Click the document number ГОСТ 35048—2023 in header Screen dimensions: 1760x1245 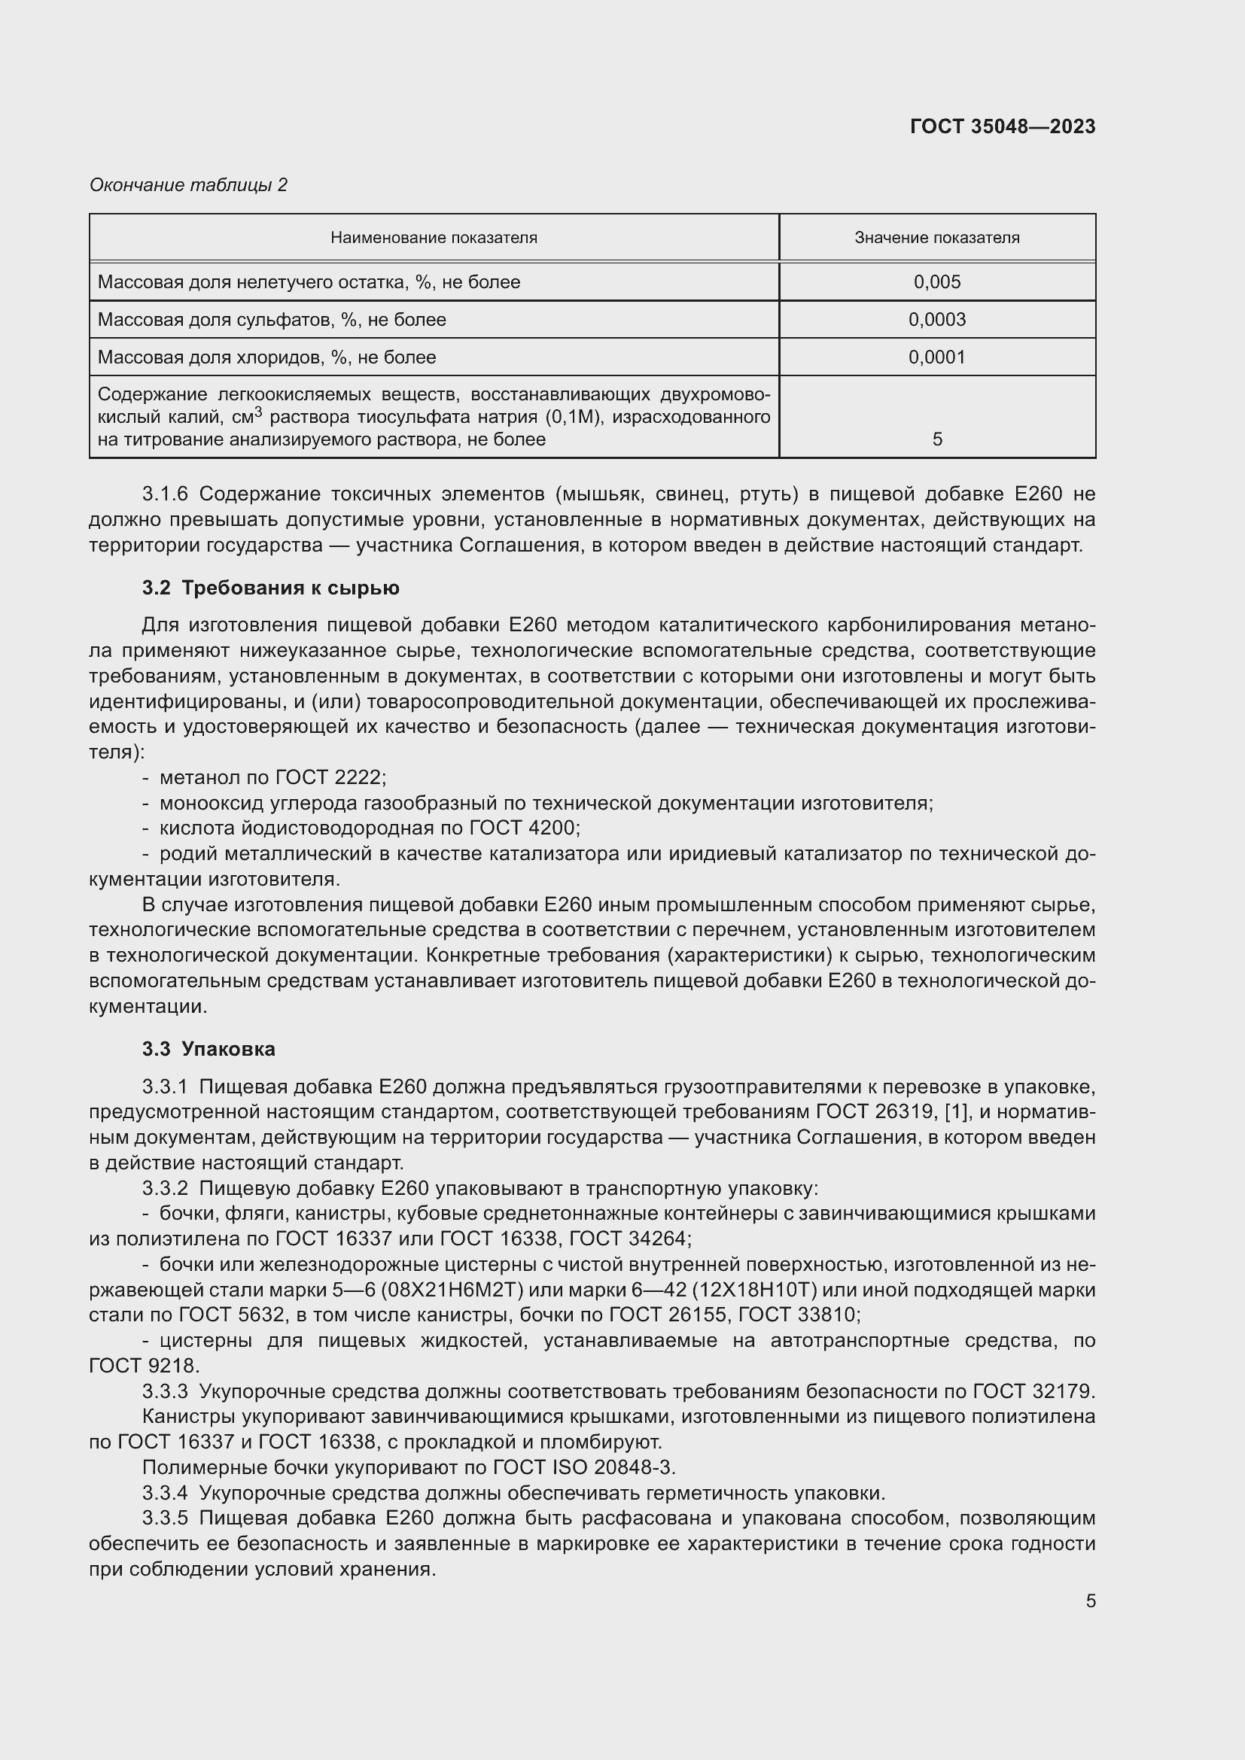coord(1002,126)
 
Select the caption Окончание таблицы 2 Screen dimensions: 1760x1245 coord(188,185)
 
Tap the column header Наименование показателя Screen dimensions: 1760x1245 coord(433,238)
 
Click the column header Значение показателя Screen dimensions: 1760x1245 coord(936,238)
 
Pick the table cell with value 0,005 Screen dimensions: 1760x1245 coord(936,282)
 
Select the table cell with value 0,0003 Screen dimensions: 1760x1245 coord(936,320)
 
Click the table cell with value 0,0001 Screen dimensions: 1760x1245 coord(936,357)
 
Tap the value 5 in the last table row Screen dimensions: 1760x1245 coord(937,439)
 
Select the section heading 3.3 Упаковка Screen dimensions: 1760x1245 coord(209,1049)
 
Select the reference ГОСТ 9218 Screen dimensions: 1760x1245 coord(142,1365)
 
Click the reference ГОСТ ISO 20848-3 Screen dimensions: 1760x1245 coord(583,1467)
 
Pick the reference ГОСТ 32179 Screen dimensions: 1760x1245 coord(1033,1391)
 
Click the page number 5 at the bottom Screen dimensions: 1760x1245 coord(1090,1600)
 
